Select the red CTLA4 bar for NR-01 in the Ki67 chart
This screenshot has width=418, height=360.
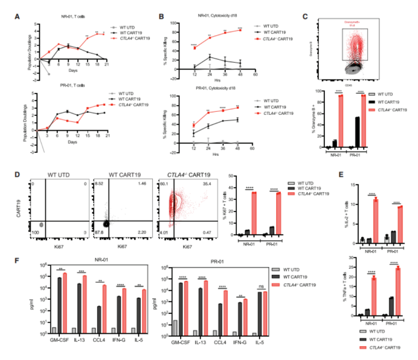[x=256, y=213]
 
